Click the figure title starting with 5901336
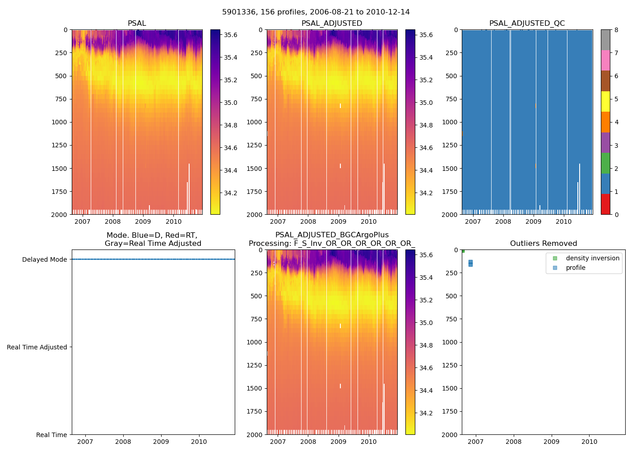click(316, 12)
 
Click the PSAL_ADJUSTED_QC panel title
click(527, 24)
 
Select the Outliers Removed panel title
click(543, 244)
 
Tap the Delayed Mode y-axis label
click(44, 259)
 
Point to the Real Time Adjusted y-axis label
click(37, 347)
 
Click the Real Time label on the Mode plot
click(51, 435)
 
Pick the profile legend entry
click(576, 268)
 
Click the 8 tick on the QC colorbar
click(616, 30)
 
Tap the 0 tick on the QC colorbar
click(616, 214)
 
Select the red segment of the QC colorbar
click(605, 204)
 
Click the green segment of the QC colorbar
click(605, 163)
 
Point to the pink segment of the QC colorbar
click(605, 60)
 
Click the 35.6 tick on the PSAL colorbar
click(231, 35)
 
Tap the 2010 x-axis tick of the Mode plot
click(199, 442)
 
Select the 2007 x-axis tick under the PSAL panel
click(82, 221)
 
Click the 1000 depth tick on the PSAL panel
click(60, 122)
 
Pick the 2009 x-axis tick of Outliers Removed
click(551, 442)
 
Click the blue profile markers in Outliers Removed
click(470, 263)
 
